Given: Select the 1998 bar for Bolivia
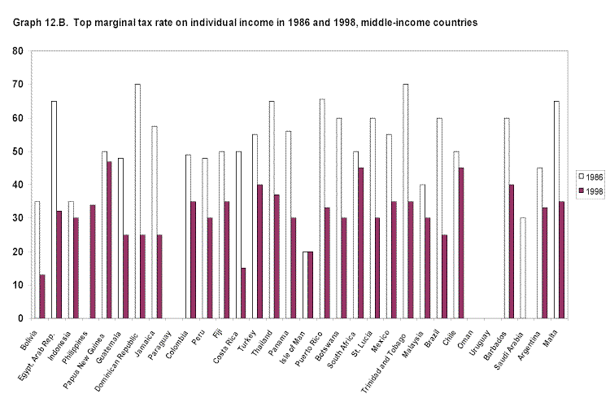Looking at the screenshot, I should tap(42, 296).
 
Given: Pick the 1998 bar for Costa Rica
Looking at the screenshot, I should tap(244, 293).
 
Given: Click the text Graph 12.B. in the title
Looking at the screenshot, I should tap(40, 22).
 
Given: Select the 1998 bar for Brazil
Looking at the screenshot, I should tap(446, 277).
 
